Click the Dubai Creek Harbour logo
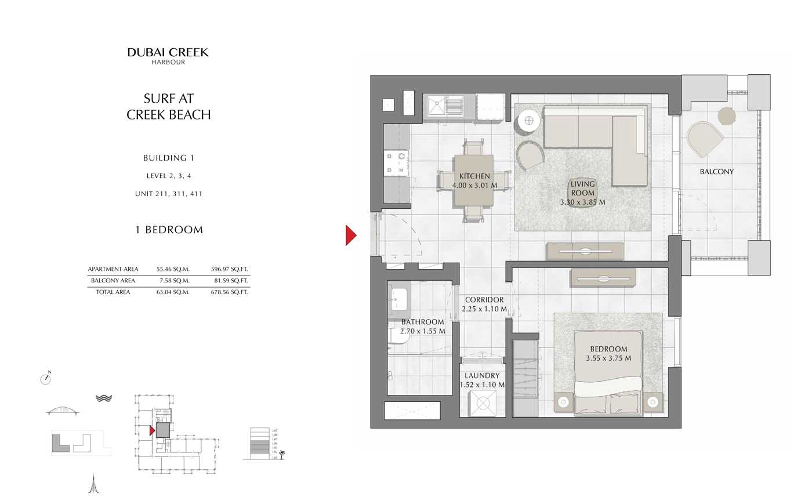[x=168, y=56]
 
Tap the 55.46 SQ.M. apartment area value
[x=173, y=269]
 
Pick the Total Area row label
[x=113, y=292]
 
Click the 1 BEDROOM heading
[x=169, y=230]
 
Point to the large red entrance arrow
[x=350, y=235]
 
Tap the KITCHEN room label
[x=474, y=176]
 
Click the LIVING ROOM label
[x=582, y=188]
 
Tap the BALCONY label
[x=716, y=172]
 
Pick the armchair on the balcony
[x=704, y=139]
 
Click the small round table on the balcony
[x=726, y=116]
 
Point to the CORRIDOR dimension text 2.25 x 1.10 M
[x=484, y=309]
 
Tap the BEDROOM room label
[x=608, y=349]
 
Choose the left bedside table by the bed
[x=563, y=401]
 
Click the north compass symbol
[x=46, y=379]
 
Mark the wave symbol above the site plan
[x=104, y=398]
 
